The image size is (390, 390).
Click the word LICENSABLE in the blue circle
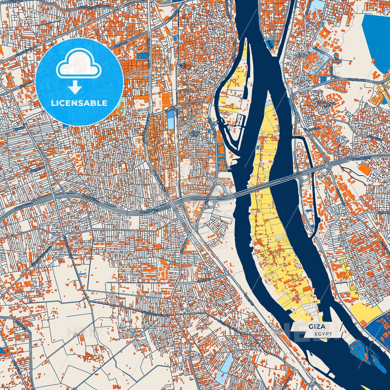coord(79,103)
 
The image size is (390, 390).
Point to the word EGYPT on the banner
coord(323,334)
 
